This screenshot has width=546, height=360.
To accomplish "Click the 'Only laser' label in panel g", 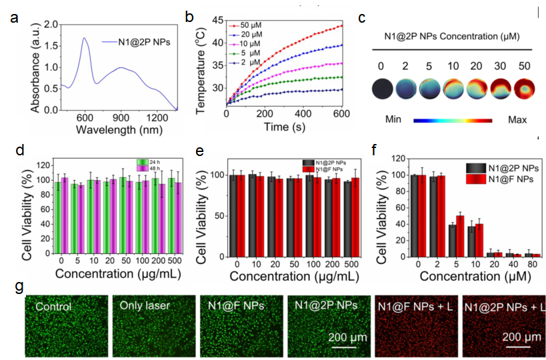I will coord(144,307).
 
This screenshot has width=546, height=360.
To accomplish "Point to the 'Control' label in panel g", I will coord(54,307).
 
